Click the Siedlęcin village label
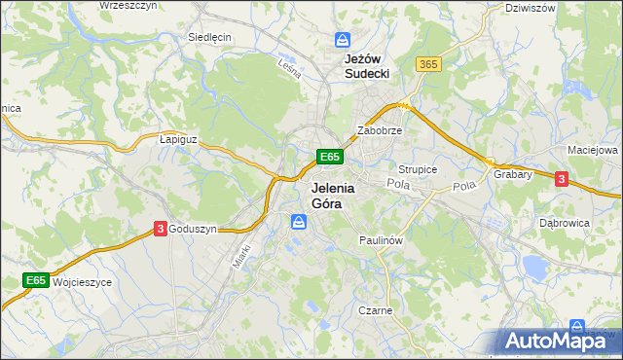[x=209, y=37]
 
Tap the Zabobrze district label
[x=380, y=129]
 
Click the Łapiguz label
[x=178, y=139]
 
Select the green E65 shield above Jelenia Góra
[x=329, y=156]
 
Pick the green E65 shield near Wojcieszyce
[x=36, y=280]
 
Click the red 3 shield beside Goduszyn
[x=159, y=229]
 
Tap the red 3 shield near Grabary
[x=561, y=178]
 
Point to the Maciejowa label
[x=593, y=151]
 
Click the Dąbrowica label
[x=565, y=223]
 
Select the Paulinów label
[x=381, y=239]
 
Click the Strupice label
[x=418, y=169]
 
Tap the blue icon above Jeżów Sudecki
[x=342, y=40]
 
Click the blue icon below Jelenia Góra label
[x=300, y=223]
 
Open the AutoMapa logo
[x=558, y=341]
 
